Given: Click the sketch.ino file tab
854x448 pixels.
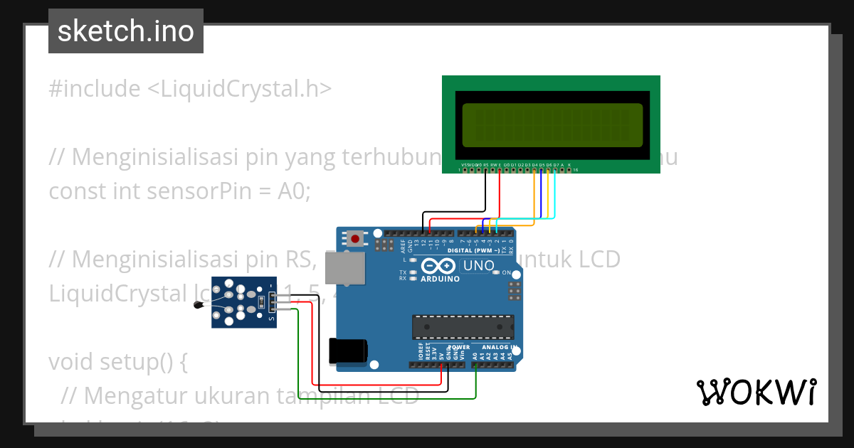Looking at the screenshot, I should point(126,31).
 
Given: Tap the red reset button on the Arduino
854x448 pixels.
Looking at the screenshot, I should point(355,238).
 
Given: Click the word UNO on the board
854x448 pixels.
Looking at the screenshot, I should point(478,266).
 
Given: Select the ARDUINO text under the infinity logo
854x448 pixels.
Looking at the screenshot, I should point(439,279).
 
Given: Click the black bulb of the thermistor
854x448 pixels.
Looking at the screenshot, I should point(199,306).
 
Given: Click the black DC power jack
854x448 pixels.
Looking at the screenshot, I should point(348,351).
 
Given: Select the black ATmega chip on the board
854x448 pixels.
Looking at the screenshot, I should point(463,326).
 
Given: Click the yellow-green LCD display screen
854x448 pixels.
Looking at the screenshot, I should point(552,124).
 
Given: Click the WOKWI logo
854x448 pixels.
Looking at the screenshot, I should point(757,392).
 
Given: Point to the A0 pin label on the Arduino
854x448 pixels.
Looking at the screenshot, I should point(475,354).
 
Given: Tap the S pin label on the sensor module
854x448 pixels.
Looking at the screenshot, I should point(271,319).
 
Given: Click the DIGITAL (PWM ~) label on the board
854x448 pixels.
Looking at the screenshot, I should point(474,251).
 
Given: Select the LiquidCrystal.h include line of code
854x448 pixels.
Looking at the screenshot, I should point(190,89).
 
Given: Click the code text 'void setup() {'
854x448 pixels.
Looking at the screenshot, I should point(117,362).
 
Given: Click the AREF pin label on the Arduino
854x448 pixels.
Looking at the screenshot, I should point(403,246).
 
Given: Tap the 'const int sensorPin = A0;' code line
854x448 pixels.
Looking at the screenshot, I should point(179,191).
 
